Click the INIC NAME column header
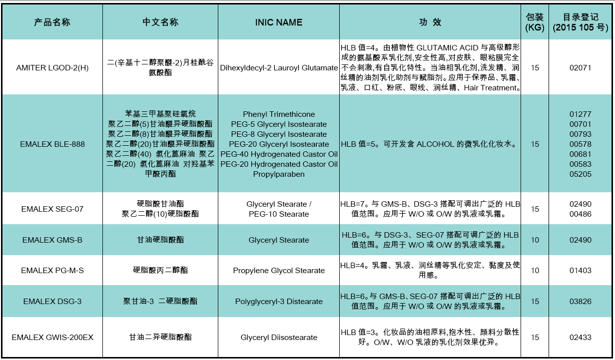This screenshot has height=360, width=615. (x=278, y=22)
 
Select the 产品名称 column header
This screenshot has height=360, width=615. (x=52, y=22)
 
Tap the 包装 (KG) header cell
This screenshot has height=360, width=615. (x=535, y=22)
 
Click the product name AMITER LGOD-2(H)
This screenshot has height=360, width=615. (x=52, y=68)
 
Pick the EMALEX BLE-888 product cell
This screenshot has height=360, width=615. (x=52, y=144)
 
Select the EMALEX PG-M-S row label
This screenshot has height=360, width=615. (x=52, y=271)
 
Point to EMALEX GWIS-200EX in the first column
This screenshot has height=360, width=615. (x=52, y=338)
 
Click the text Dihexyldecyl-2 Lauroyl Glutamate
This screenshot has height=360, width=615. (x=279, y=68)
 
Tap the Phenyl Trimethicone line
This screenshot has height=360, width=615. (x=279, y=114)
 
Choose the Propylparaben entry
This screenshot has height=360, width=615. (x=279, y=174)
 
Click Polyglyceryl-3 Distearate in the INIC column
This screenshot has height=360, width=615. (x=279, y=302)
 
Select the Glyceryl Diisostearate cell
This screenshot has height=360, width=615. (x=279, y=338)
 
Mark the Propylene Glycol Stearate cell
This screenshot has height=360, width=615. (x=279, y=271)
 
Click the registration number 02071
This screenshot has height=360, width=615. (x=581, y=68)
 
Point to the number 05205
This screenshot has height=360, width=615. (x=581, y=174)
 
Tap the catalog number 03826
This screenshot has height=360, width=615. (x=581, y=302)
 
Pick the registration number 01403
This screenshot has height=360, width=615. (x=581, y=271)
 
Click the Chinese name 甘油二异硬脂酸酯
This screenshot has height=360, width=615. (x=160, y=338)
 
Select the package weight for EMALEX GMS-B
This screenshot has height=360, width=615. (x=535, y=240)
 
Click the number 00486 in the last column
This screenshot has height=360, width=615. (x=581, y=214)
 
